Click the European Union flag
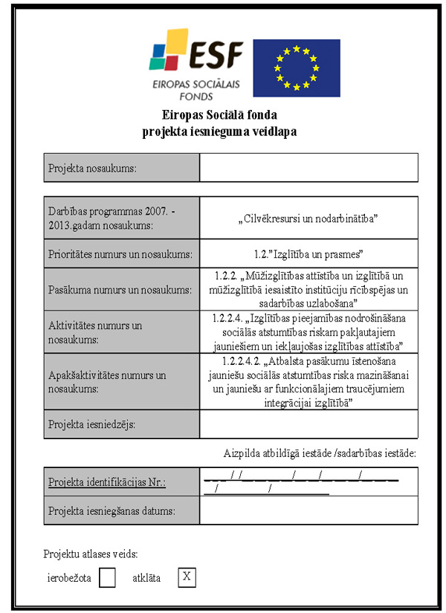tap(296, 68)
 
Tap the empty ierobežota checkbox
tap(107, 577)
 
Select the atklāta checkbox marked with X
tap(187, 577)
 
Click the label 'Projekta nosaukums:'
tap(92, 168)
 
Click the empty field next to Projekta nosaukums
tap(308, 168)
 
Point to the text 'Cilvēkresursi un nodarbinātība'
tap(308, 219)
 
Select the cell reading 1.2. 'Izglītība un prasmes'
tap(308, 254)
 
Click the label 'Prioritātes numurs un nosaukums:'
tap(120, 254)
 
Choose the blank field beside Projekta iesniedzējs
tap(308, 425)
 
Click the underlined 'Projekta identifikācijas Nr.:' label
tap(106, 482)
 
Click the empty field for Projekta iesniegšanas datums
tap(308, 510)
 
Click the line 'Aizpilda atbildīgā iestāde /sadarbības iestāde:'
tap(320, 453)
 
